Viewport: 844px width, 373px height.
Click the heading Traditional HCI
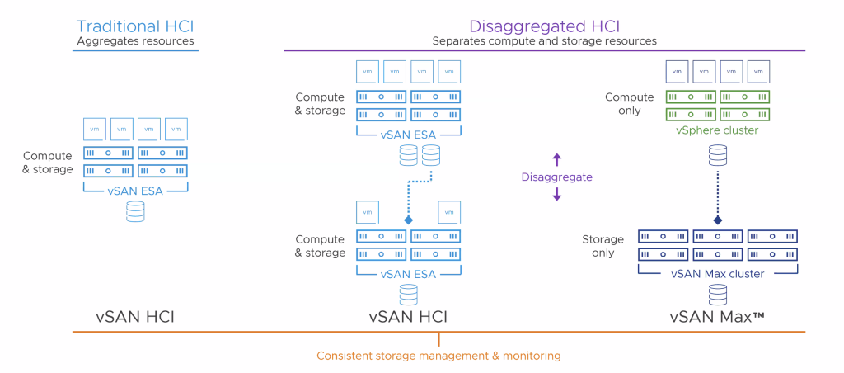point(135,26)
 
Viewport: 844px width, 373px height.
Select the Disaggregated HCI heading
point(544,26)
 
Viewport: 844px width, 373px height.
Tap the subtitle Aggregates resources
point(135,40)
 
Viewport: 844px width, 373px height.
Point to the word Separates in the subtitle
point(457,40)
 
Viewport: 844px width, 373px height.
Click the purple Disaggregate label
point(556,177)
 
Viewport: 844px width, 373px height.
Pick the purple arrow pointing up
point(556,159)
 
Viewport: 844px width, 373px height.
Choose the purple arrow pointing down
point(556,194)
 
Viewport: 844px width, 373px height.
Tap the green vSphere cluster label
point(717,130)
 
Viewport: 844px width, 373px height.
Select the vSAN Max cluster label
point(717,273)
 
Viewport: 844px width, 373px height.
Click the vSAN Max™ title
point(717,315)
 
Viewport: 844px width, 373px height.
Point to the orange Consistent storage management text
point(438,356)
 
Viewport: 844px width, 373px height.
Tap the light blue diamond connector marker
point(408,221)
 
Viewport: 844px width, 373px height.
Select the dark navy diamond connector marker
point(717,220)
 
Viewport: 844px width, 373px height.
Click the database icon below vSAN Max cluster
point(717,293)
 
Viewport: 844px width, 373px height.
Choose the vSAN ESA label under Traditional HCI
point(135,191)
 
